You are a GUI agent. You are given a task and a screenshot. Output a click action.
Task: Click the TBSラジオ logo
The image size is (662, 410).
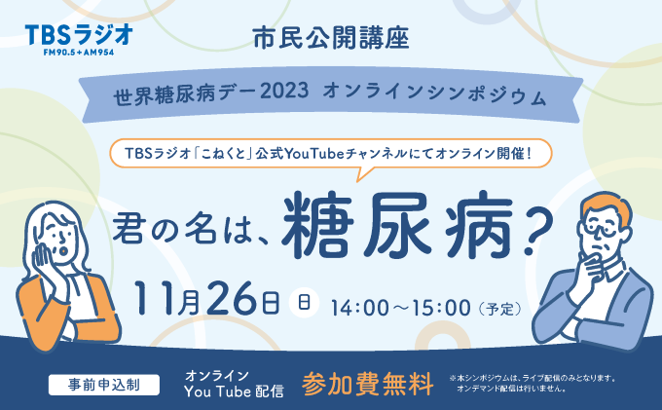coord(79,39)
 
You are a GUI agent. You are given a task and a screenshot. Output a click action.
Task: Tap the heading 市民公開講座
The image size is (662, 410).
coord(331,38)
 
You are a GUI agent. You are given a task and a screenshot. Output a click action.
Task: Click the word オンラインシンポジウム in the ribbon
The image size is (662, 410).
coord(434,94)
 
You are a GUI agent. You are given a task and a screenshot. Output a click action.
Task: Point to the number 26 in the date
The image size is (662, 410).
coord(233,299)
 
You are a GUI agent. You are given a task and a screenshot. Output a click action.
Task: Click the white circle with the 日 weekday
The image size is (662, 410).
coord(304,302)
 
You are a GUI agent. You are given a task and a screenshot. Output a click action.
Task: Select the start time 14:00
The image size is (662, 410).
coord(360,308)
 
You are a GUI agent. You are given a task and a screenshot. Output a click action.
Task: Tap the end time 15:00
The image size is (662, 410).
coord(441,308)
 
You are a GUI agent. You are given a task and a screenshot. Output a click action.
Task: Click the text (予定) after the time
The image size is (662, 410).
coord(499,309)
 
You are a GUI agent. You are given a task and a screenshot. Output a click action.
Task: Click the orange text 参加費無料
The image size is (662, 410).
coord(368,384)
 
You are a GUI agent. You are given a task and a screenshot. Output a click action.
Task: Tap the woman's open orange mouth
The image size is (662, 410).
coord(64,251)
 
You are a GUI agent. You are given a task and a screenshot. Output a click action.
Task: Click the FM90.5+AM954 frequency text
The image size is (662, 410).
coord(79,53)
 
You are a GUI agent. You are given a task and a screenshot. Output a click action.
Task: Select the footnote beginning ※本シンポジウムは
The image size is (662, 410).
coord(533,384)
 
